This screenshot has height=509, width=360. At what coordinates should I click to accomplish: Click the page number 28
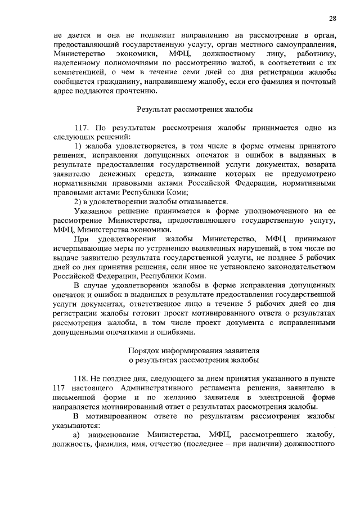333,18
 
